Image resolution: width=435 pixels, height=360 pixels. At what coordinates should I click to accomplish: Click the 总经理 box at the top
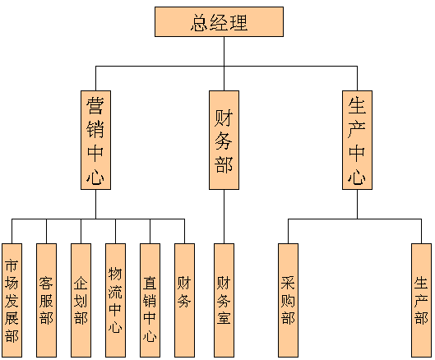coord(219,22)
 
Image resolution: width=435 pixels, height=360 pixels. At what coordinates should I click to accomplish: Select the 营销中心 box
coord(95,140)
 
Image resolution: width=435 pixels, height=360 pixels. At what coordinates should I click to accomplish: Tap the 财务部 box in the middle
coord(224,140)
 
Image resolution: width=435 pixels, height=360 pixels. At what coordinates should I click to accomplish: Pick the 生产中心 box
coord(357,140)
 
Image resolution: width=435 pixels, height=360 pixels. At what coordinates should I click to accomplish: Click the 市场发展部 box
coord(12,300)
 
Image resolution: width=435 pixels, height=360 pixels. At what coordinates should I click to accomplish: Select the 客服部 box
coord(46,300)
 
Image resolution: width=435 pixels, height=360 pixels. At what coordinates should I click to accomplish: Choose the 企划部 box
coord(81,300)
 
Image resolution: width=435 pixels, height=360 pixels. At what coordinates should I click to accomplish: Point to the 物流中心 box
coord(115,300)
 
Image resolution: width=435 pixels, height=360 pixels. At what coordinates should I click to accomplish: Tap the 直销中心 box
coord(150,300)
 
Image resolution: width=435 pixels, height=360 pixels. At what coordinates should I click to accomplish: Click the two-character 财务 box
coord(184,300)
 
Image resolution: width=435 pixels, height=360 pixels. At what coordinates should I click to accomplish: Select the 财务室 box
coord(224,300)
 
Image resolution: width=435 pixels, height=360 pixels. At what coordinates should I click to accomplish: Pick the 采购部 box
coord(288,300)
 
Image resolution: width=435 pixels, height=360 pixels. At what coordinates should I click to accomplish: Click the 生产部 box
coord(421,300)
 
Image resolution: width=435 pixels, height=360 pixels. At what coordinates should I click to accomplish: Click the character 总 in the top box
coord(200,23)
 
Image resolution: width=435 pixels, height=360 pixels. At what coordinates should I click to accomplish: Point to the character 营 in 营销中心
coord(95,106)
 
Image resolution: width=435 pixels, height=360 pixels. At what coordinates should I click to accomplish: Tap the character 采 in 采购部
coord(288,283)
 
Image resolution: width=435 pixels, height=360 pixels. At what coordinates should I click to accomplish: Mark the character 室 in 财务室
coord(224,317)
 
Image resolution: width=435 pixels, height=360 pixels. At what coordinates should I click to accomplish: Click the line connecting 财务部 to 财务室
coord(224,217)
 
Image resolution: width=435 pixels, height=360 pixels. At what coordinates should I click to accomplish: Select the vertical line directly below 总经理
coord(224,51)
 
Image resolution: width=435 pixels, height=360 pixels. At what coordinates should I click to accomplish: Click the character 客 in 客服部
coord(46,283)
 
